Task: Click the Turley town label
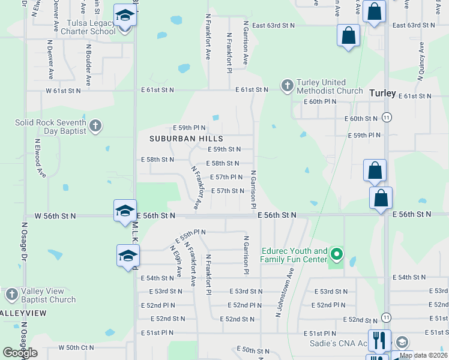382,93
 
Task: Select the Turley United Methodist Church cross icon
287,86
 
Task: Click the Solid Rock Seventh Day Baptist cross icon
95,126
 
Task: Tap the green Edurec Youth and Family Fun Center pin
337,256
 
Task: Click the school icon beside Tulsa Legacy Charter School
125,16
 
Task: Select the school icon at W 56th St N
125,211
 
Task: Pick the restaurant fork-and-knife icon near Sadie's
379,341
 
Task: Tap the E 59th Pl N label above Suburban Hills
189,128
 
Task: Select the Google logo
20,353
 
